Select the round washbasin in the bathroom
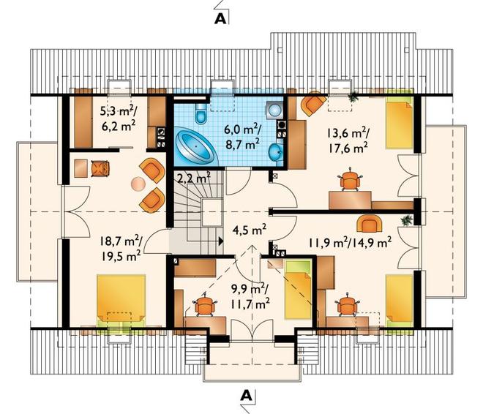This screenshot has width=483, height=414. point(275,151)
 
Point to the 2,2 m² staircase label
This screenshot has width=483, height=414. point(194,178)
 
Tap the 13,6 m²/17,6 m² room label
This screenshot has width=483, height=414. point(348,140)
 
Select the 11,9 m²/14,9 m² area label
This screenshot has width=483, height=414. point(351,242)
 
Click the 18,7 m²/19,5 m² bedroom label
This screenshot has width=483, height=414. point(121,248)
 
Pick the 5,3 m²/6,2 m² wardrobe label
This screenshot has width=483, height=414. point(119,118)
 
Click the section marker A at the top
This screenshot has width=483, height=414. point(220,18)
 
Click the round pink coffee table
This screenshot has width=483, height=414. point(138,184)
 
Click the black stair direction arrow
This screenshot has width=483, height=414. point(220,241)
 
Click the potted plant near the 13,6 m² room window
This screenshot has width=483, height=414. point(353,97)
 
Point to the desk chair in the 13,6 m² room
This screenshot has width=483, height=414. point(351,180)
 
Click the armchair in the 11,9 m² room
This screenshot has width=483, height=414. point(368,224)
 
